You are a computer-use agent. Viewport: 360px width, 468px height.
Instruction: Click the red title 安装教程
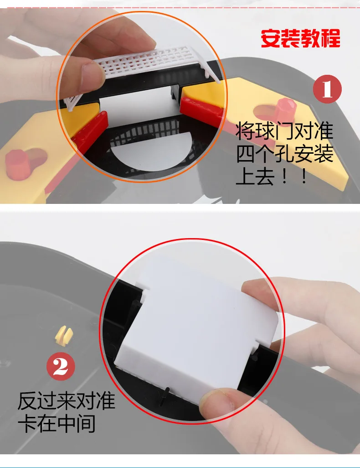(300, 38)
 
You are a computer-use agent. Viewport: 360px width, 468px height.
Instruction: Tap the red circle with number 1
(327, 89)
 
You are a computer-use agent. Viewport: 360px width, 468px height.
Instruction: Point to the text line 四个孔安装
(284, 153)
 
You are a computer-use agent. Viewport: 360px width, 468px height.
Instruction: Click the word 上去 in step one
(255, 177)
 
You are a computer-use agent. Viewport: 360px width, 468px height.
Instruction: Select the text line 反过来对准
(66, 400)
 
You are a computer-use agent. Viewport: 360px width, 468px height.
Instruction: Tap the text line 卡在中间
(57, 423)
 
